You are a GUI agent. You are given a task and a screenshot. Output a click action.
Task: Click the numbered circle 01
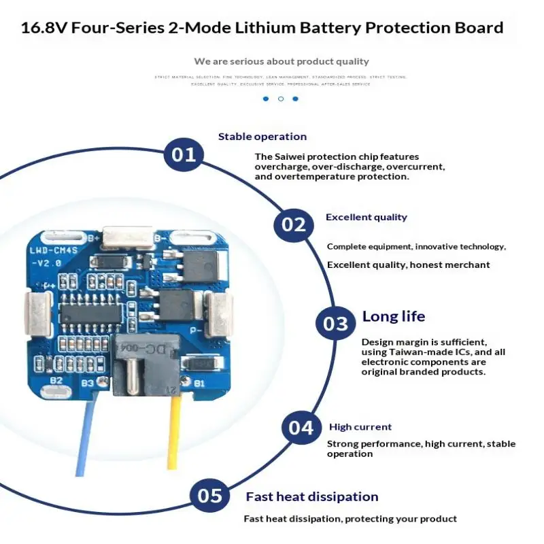point(183,154)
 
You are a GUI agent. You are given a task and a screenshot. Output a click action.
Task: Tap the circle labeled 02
point(293,224)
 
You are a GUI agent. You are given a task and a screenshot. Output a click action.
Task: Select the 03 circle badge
point(335,324)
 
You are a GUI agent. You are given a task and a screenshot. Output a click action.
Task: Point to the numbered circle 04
point(301,428)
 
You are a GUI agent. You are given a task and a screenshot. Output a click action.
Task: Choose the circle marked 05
point(209,496)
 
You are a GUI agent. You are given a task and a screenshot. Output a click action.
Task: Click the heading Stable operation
point(262,137)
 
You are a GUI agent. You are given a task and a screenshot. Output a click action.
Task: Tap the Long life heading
point(393,316)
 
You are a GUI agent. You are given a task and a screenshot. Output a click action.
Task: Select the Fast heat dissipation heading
point(311,496)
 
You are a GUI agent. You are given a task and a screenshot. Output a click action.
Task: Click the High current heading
point(360,427)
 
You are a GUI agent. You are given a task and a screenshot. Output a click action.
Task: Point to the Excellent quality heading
point(366,218)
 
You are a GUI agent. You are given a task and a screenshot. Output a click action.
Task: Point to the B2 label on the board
point(56,380)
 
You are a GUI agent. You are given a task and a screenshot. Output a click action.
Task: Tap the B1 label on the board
point(199,384)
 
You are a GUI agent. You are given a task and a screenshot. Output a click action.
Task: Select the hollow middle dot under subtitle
point(281,99)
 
